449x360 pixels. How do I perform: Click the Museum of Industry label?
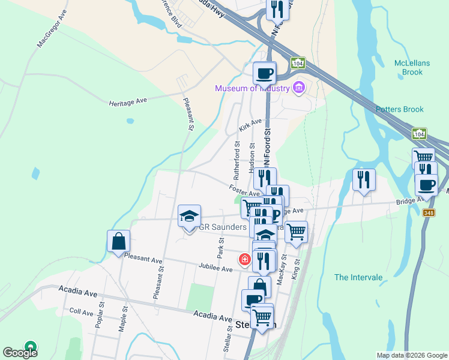click(253, 89)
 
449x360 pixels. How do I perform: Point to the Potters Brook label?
click(400, 109)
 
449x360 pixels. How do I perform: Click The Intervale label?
click(358, 277)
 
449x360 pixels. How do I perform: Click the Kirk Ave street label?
click(250, 126)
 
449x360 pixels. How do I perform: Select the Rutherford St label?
click(237, 161)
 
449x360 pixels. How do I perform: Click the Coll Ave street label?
click(81, 312)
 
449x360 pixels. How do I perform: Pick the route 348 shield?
click(429, 213)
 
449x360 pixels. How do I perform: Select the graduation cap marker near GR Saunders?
click(189, 216)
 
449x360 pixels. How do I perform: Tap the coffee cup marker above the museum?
click(264, 73)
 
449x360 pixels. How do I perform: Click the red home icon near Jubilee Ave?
click(245, 259)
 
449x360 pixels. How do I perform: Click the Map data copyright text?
click(411, 355)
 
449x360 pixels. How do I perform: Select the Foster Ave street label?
click(244, 190)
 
